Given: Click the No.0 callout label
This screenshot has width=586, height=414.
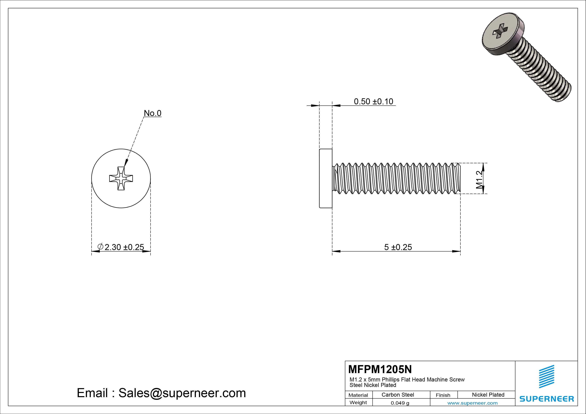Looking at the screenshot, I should pos(153,113).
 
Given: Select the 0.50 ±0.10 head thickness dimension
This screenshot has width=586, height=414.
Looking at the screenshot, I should pos(373,101).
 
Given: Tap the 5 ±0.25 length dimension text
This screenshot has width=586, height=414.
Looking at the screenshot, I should pos(398,247).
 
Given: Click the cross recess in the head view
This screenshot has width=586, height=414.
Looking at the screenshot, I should pos(121,178).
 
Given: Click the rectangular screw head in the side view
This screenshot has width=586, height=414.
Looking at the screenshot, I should pos(326,178).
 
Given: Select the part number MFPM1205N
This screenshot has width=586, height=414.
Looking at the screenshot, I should pos(380,369).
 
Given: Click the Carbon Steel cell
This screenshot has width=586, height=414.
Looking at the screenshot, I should pos(398,395).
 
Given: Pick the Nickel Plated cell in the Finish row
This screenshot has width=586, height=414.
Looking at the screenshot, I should pos(488,395).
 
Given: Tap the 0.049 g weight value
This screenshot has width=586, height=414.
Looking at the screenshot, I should pos(400,403).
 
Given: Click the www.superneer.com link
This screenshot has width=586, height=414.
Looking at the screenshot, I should pos(472,403).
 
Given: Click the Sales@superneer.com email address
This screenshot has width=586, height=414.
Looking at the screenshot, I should pos(182,393).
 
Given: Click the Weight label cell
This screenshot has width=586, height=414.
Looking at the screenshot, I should pos(358,402).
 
